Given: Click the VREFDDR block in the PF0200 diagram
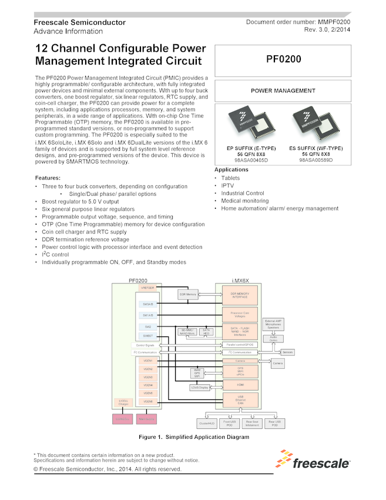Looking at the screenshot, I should pos(148,288).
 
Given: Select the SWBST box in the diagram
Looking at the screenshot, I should pos(148,336).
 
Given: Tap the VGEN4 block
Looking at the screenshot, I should pos(148,385).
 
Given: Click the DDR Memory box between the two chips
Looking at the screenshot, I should pos(186,293).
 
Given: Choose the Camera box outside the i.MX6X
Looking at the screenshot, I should pos(277,364).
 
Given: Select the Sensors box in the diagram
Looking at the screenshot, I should pos(288,352).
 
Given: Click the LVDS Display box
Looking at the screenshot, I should pos(200,388).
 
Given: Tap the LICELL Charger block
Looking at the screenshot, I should pos(123,403).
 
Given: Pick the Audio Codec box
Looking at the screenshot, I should pos(273,338).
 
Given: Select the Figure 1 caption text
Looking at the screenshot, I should pos(193,437).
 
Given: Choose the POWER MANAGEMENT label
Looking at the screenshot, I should pos(283,91).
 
